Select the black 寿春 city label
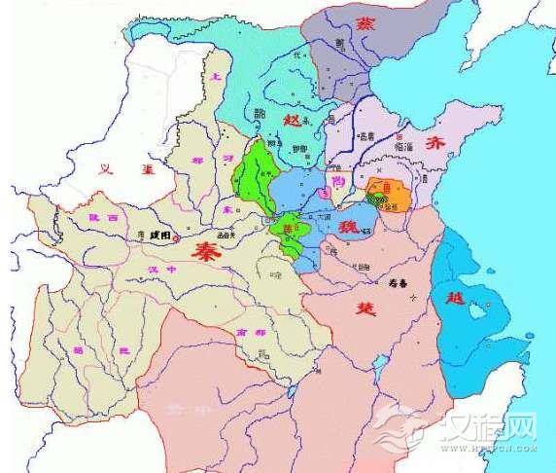(x=384, y=276)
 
